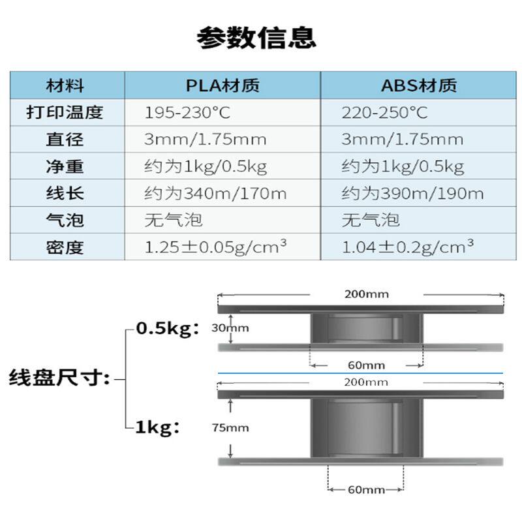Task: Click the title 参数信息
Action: [x=256, y=38]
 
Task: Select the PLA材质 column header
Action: [x=223, y=85]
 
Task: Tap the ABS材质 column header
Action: [x=419, y=85]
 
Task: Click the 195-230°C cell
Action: [x=187, y=113]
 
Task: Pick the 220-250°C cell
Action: [x=384, y=113]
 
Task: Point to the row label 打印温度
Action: [x=65, y=113]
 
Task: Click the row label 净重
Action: [x=65, y=166]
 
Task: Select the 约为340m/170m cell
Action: [x=215, y=194]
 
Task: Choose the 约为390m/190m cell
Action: [x=412, y=194]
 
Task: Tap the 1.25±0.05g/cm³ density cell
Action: [x=216, y=247]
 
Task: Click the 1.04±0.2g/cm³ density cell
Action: [x=408, y=247]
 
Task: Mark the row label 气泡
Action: [x=65, y=220]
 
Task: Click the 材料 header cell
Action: [x=65, y=85]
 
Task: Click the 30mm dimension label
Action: [x=230, y=328]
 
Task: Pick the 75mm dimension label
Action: [x=230, y=427]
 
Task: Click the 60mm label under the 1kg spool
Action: [x=365, y=489]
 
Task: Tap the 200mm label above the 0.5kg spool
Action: [x=366, y=294]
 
